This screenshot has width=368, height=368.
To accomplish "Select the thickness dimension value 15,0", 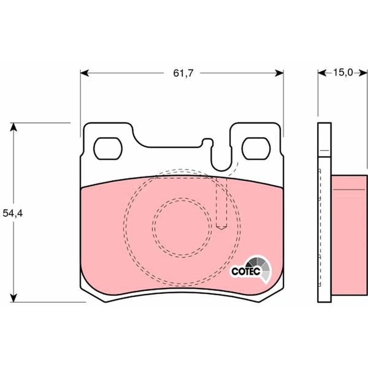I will (x=343, y=72).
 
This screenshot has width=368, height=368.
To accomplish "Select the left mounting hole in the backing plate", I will (x=107, y=148).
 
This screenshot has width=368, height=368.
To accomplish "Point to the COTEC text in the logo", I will (x=246, y=271).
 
